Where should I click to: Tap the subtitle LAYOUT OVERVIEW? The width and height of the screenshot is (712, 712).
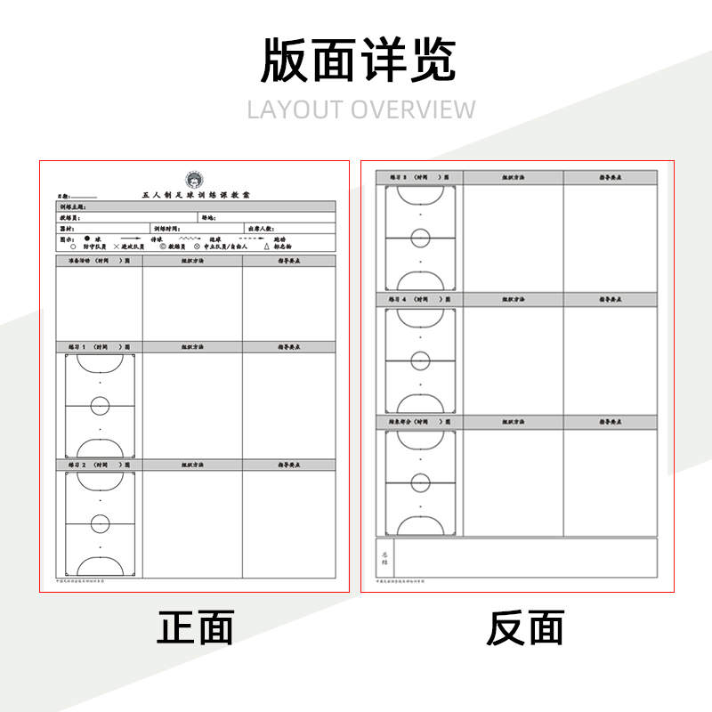click(361, 109)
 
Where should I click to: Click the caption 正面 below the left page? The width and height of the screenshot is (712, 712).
click(196, 628)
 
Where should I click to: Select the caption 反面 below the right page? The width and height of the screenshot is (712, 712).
click(525, 628)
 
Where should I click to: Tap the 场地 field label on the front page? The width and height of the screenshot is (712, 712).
click(208, 218)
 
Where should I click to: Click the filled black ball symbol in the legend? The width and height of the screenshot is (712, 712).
click(87, 239)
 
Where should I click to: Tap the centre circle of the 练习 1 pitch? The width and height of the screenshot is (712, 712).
click(100, 406)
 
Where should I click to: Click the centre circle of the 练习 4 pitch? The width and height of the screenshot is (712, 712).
click(420, 360)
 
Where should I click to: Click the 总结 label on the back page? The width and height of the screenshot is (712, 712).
click(384, 557)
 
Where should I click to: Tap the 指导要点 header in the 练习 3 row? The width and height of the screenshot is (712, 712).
click(610, 178)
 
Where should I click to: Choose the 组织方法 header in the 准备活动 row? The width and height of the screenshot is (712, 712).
click(192, 262)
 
